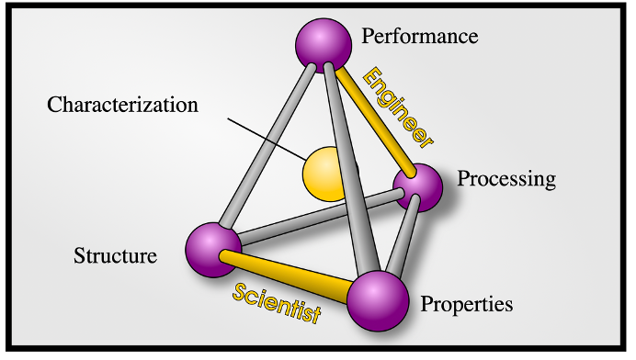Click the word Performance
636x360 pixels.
coord(420,36)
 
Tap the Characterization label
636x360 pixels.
coord(122,104)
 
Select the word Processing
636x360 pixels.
coord(506,179)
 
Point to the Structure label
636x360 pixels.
coord(115,256)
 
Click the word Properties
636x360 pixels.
coord(467,305)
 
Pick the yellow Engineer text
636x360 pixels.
coord(398,107)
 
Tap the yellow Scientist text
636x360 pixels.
coord(277,303)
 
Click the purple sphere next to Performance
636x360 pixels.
coord(324,45)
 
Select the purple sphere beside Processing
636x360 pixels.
coord(418,187)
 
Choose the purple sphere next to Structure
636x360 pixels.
coord(213,250)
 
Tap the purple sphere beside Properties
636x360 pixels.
coord(378,301)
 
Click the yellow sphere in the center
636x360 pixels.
coord(325,174)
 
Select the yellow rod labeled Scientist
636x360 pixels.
coord(284,276)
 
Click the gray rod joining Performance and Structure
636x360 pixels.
coord(267,145)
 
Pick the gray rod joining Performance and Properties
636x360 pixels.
coord(351,168)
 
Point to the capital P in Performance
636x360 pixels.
coord(367,36)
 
